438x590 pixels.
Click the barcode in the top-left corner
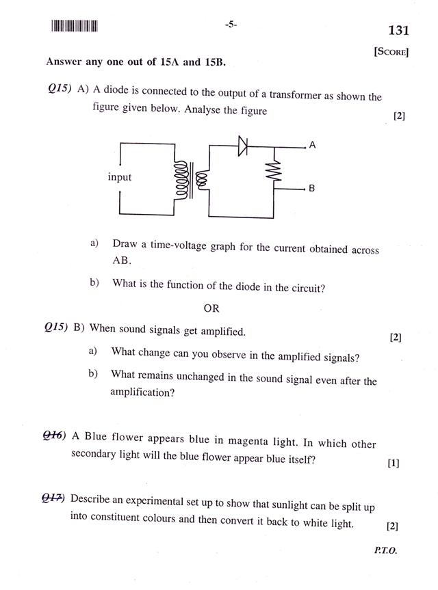tap(75, 27)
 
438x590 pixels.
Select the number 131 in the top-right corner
tap(398, 31)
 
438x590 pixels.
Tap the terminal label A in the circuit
tap(312, 146)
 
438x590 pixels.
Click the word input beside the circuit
tap(120, 177)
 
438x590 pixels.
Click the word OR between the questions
tap(211, 308)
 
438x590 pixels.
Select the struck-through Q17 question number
tap(54, 498)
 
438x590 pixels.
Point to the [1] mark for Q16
tap(393, 464)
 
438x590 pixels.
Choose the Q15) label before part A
tap(60, 91)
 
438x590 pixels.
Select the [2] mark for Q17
tap(392, 526)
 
